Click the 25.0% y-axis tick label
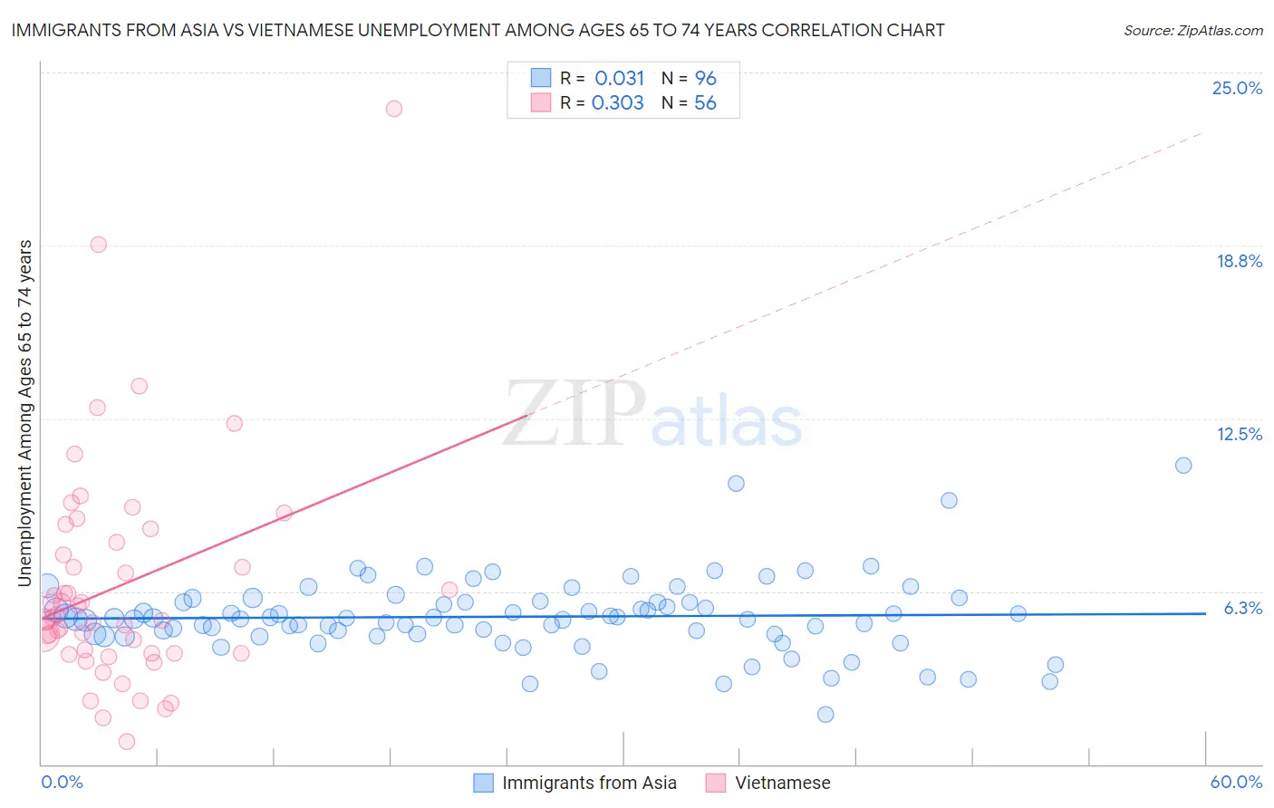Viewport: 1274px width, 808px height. [x=1237, y=88]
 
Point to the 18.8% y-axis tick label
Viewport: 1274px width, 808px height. [x=1239, y=261]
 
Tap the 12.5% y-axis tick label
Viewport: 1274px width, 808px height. [x=1239, y=434]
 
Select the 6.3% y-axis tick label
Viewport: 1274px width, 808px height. [x=1242, y=608]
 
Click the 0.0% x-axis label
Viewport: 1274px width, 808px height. [x=62, y=782]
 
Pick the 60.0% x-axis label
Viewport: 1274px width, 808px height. [x=1236, y=782]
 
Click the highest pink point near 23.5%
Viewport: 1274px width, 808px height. [x=394, y=109]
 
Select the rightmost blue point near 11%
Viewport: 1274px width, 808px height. [x=1183, y=466]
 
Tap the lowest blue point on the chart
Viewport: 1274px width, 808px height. [x=825, y=715]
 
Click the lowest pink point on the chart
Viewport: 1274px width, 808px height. [x=127, y=742]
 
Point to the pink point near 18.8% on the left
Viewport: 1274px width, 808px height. [x=99, y=245]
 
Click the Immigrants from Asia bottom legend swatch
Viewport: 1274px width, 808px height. [x=484, y=783]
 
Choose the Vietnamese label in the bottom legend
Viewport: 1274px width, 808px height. [x=782, y=783]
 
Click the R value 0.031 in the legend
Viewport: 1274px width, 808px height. [x=619, y=78]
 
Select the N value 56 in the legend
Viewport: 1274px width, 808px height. [x=705, y=103]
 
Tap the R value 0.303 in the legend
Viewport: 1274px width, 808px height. [x=617, y=103]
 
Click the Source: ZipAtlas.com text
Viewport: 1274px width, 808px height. [x=1192, y=30]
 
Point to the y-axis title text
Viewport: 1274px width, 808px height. [x=25, y=412]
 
